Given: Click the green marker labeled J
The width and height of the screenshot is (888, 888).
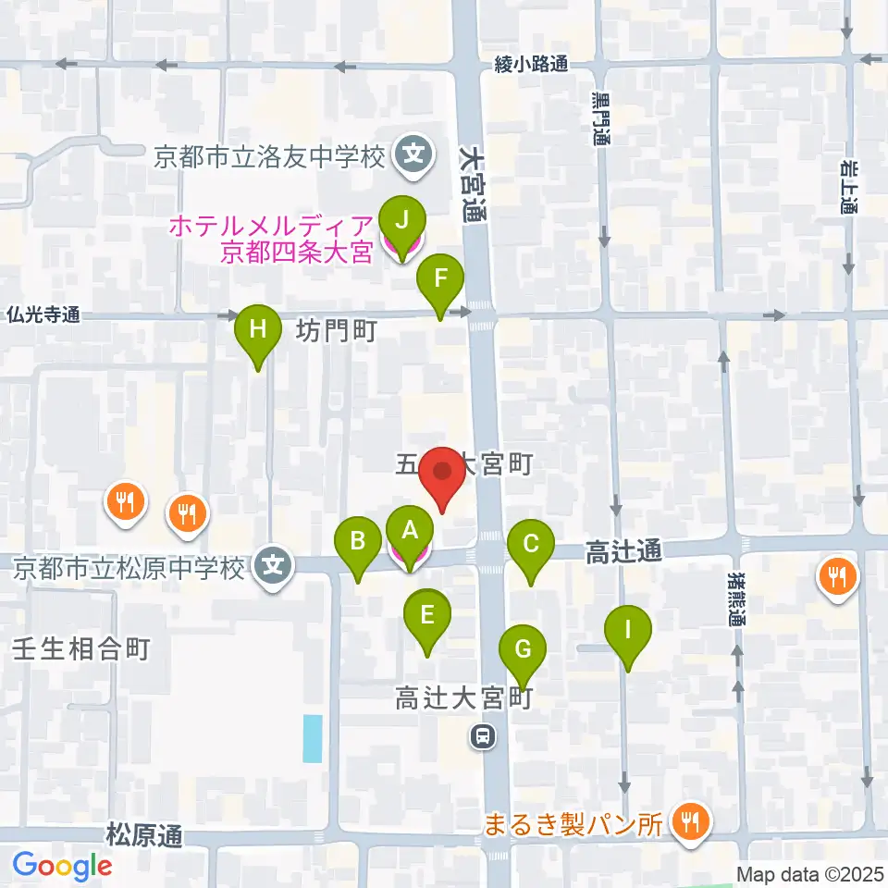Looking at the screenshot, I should [401, 222].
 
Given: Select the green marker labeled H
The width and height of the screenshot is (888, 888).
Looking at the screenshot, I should [258, 330].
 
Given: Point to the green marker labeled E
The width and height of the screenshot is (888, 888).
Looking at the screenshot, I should [427, 616].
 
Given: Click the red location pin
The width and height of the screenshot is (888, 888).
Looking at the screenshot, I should [443, 474].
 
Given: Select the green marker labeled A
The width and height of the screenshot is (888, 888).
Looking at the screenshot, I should [409, 532].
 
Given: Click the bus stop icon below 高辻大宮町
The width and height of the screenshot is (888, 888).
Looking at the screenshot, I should [482, 737].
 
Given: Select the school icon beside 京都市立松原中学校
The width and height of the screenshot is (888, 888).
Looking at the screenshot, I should [273, 565].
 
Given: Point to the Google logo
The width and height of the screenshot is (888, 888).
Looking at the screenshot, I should [62, 865].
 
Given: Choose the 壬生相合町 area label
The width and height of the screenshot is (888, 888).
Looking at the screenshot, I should [81, 647].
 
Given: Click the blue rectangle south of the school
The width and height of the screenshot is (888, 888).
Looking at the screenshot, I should [314, 738].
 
